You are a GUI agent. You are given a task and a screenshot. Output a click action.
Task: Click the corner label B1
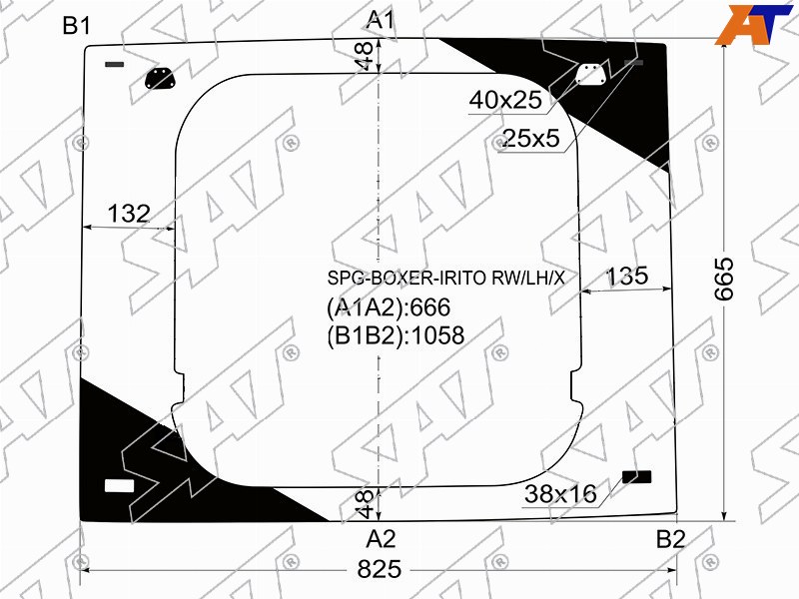pyautogui.click(x=77, y=26)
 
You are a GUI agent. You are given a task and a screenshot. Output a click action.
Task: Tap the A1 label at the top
pyautogui.click(x=381, y=20)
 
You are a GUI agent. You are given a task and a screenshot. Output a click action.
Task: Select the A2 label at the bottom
pyautogui.click(x=382, y=539)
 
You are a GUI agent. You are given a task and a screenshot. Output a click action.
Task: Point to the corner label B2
pyautogui.click(x=670, y=539)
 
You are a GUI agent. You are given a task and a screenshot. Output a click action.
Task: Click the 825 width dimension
pyautogui.click(x=380, y=569)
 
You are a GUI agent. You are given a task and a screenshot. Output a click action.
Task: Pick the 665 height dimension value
pyautogui.click(x=723, y=279)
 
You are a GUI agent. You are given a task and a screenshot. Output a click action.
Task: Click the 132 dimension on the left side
pyautogui.click(x=129, y=214)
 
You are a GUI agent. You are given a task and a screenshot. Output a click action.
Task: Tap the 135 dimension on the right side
pyautogui.click(x=627, y=277)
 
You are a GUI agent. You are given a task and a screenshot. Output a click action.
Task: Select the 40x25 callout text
pyautogui.click(x=505, y=100)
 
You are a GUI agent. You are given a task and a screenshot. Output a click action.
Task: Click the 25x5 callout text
pyautogui.click(x=531, y=138)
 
